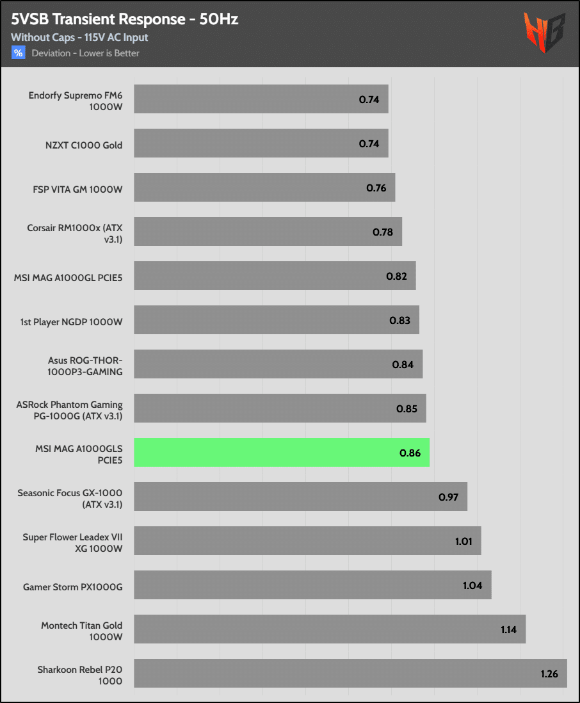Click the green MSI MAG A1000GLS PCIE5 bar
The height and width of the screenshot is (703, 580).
(282, 453)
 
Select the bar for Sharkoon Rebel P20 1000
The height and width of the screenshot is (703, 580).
(350, 673)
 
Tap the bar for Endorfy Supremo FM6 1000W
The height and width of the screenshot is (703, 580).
(261, 99)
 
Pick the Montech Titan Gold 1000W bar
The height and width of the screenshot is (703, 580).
(330, 629)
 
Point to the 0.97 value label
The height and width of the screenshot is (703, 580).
(448, 497)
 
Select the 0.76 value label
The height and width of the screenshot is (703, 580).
(376, 188)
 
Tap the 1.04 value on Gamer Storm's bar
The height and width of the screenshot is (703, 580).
(472, 585)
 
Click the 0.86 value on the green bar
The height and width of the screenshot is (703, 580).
(410, 453)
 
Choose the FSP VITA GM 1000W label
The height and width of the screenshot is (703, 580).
(77, 190)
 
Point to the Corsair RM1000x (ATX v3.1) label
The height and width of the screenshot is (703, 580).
(74, 233)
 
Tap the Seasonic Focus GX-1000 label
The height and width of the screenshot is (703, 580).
(70, 498)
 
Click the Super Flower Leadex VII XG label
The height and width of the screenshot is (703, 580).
(72, 542)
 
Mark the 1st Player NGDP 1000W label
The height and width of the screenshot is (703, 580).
(71, 321)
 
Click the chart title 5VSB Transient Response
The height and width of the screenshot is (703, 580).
(124, 19)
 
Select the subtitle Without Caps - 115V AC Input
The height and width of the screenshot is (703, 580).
(79, 38)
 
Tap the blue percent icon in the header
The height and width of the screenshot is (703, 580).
(18, 53)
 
